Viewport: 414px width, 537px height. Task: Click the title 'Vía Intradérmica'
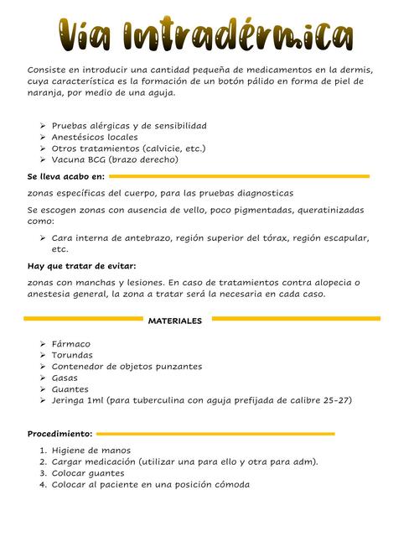(x=206, y=34)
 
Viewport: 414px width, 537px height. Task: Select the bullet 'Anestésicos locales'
(x=95, y=137)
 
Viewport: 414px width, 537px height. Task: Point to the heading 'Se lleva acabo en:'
(x=66, y=177)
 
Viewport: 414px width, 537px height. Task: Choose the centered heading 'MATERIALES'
(x=175, y=321)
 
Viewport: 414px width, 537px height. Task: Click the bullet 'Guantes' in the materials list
(x=70, y=389)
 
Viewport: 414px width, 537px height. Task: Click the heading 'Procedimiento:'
(x=60, y=435)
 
